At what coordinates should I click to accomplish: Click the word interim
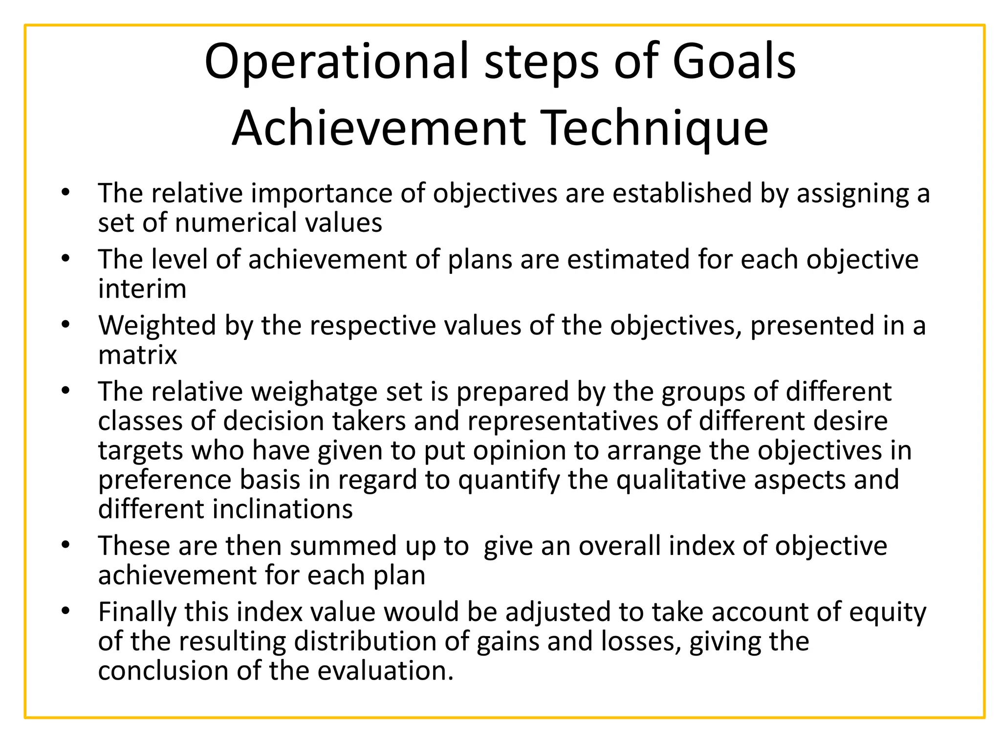click(142, 288)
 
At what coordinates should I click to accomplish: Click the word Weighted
click(157, 325)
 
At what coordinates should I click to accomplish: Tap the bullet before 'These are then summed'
click(66, 545)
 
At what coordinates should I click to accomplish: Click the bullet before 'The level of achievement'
click(66, 258)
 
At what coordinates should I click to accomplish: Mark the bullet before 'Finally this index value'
click(66, 611)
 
